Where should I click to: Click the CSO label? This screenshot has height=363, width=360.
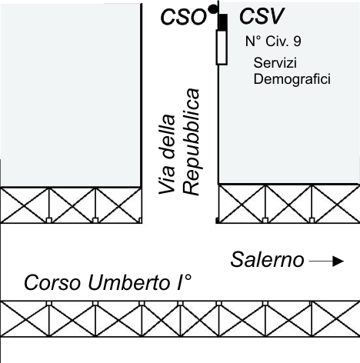(x=183, y=17)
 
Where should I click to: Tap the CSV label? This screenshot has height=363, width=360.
(x=262, y=16)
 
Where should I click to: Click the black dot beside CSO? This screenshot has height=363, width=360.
(x=212, y=9)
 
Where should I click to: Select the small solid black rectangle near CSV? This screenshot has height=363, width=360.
(x=222, y=22)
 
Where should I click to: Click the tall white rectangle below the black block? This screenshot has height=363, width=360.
(x=222, y=47)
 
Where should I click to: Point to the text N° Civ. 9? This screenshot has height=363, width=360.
(x=273, y=42)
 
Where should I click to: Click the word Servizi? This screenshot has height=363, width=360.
(x=275, y=62)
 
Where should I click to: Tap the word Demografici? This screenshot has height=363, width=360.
(x=292, y=78)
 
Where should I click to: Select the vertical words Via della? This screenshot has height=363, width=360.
(x=167, y=154)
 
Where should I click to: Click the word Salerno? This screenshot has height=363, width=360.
(x=268, y=259)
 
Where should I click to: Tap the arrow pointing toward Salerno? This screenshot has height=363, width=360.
(x=326, y=261)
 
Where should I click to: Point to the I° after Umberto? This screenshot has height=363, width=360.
(x=185, y=282)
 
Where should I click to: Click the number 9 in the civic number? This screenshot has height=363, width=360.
(x=297, y=42)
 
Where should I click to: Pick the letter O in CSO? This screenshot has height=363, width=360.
(x=198, y=18)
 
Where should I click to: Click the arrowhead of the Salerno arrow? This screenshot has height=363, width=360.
(x=338, y=261)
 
